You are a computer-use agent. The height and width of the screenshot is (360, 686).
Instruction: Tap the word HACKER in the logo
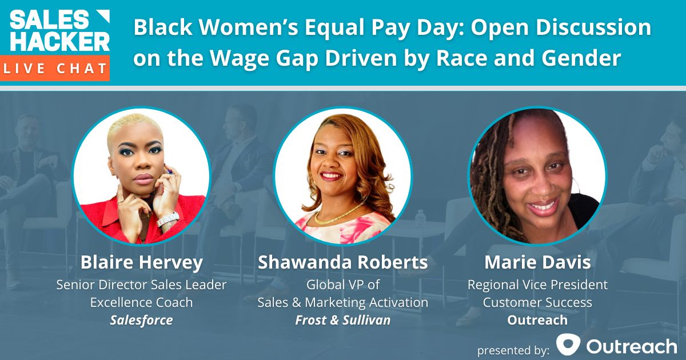pyautogui.click(x=59, y=41)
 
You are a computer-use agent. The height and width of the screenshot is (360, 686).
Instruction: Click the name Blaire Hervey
pyautogui.click(x=141, y=262)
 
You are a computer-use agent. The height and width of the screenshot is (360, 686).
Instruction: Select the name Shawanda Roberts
pyautogui.click(x=342, y=262)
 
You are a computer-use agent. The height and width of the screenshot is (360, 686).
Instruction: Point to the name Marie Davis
pyautogui.click(x=537, y=262)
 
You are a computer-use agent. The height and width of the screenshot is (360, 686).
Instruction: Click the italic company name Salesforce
pyautogui.click(x=141, y=320)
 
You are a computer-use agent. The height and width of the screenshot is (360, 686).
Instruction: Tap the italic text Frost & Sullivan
pyautogui.click(x=342, y=320)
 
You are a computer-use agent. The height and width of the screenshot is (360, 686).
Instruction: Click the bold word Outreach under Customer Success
pyautogui.click(x=537, y=320)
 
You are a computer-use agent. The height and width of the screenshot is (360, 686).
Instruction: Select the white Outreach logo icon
pyautogui.click(x=569, y=345)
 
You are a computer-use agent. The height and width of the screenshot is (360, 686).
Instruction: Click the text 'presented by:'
pyautogui.click(x=513, y=348)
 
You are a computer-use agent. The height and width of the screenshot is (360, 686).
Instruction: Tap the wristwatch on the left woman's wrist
pyautogui.click(x=168, y=219)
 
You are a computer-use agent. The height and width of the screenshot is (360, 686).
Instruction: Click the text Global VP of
pyautogui.click(x=342, y=284)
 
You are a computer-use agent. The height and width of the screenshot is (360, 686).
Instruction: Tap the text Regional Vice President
pyautogui.click(x=537, y=284)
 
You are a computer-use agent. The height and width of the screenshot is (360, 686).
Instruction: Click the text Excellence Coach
pyautogui.click(x=141, y=302)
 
